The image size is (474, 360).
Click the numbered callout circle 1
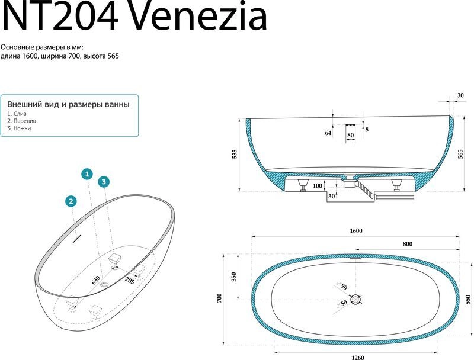(x=87, y=174)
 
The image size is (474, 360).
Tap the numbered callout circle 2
(x=71, y=201)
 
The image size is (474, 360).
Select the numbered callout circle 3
(x=104, y=182)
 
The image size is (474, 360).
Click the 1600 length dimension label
(x=356, y=231)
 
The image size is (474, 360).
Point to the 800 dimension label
(x=408, y=244)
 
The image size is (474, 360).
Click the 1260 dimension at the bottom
(x=358, y=357)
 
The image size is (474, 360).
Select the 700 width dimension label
(x=219, y=298)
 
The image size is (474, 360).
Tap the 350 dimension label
(x=233, y=277)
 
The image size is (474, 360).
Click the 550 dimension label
(x=468, y=299)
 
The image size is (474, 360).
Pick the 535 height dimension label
(x=235, y=154)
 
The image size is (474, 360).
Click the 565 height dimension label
(x=460, y=154)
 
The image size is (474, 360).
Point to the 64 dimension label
(x=328, y=133)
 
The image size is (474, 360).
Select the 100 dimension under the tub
(x=317, y=185)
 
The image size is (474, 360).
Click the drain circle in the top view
(x=356, y=300)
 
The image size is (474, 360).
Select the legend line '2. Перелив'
(x=22, y=121)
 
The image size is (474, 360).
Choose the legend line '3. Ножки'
(x=19, y=128)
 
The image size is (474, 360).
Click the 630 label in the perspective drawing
(x=96, y=280)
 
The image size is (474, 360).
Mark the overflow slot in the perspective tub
(x=77, y=239)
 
